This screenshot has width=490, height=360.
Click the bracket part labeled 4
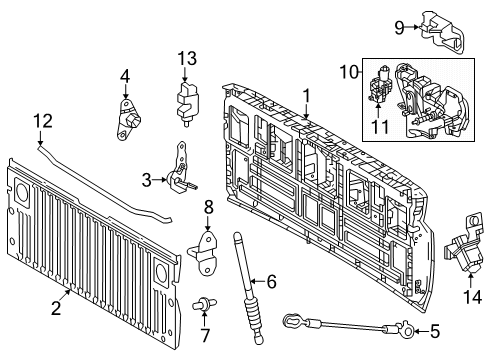128,121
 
